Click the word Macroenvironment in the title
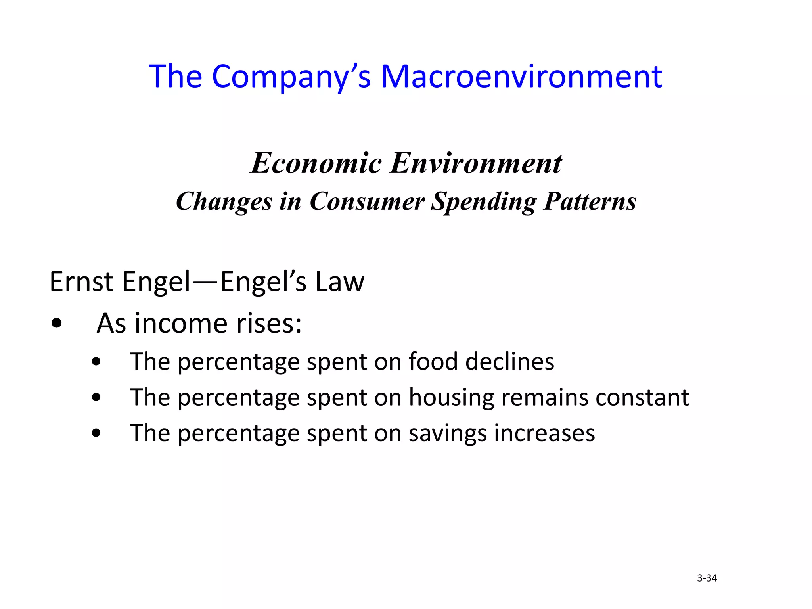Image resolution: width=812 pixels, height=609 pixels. click(521, 76)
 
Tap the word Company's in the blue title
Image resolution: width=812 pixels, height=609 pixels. click(291, 76)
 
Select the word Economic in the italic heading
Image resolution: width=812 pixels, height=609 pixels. click(316, 163)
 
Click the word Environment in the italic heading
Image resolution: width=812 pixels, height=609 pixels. click(476, 163)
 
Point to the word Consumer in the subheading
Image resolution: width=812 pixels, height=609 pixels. click(367, 201)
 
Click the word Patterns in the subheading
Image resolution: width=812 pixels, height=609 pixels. click(590, 201)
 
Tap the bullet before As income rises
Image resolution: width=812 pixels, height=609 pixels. click(57, 324)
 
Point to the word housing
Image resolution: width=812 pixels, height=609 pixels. click(451, 398)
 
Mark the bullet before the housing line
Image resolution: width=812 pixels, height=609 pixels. click(96, 397)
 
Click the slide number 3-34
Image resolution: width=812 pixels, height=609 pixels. click(707, 578)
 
